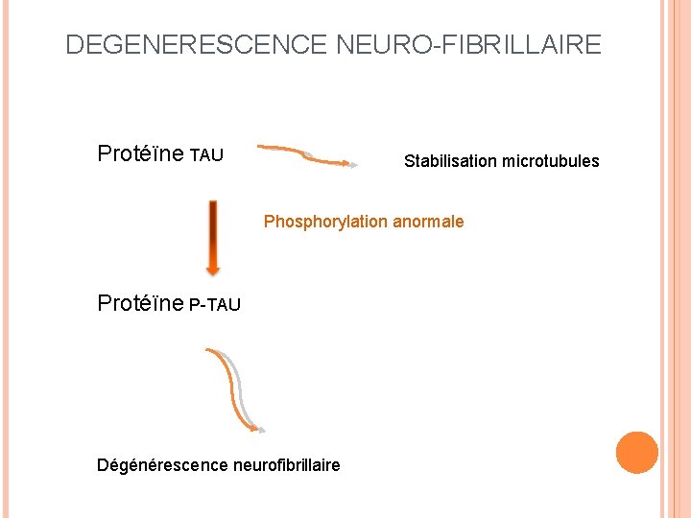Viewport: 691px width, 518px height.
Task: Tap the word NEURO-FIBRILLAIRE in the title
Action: [469, 44]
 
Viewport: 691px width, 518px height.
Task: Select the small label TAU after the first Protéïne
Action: [206, 155]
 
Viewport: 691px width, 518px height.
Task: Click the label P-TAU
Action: [215, 305]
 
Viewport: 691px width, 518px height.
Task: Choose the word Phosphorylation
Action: [326, 222]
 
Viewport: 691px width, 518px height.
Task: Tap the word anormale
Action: [428, 222]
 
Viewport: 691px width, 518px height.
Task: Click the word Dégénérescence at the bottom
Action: [162, 465]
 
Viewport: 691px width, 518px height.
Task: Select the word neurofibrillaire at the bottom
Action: [286, 465]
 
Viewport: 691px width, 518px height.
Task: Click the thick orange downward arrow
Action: [213, 236]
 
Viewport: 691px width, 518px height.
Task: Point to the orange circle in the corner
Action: [637, 453]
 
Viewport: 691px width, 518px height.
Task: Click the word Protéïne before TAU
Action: [141, 153]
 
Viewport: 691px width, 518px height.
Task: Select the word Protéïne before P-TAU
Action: [141, 303]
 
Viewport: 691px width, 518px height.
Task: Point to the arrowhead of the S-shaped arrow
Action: [260, 430]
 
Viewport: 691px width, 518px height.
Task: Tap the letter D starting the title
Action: [74, 44]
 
